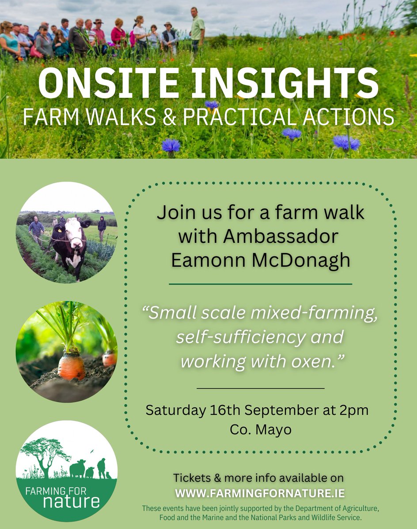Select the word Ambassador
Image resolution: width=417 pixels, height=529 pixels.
pyautogui.click(x=281, y=236)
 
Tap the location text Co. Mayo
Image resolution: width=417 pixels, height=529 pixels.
pyautogui.click(x=261, y=429)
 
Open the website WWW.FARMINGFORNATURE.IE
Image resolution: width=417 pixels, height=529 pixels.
pyautogui.click(x=260, y=492)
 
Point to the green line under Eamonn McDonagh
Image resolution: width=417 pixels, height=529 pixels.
pyautogui.click(x=260, y=284)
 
